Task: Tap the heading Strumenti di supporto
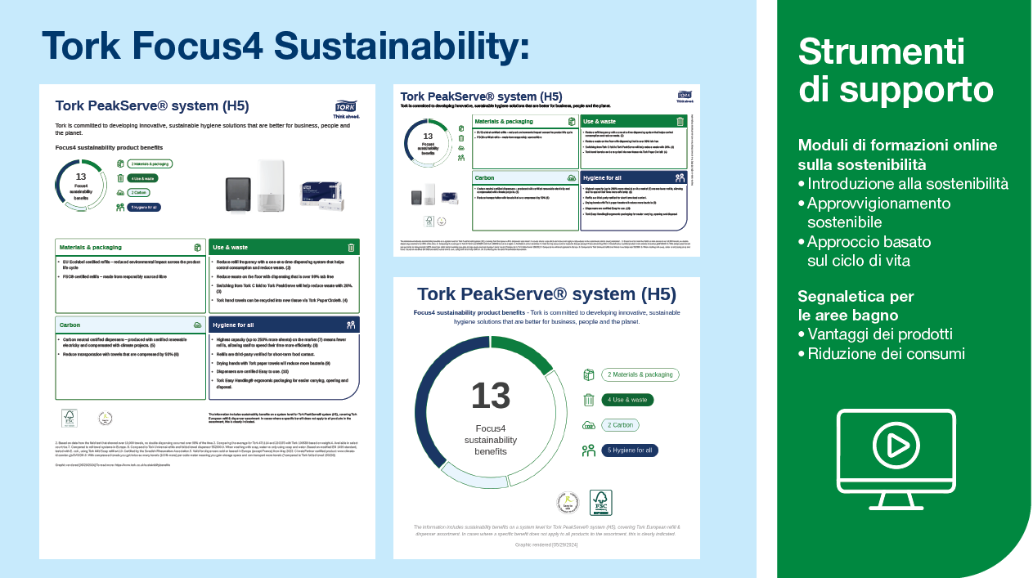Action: pos(896,69)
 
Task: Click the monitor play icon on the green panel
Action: pos(896,459)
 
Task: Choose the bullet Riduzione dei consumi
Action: pos(886,353)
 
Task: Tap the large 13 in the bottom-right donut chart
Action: pos(491,396)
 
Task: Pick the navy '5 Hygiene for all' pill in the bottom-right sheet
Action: pos(630,450)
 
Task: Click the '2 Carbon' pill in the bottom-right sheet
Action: pos(621,425)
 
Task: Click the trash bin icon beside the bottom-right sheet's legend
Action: pos(588,400)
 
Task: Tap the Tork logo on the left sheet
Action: pos(346,107)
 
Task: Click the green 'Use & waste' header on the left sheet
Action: pos(284,247)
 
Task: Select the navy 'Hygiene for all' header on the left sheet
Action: pos(284,325)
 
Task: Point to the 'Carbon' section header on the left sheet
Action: pos(130,325)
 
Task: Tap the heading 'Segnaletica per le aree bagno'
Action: pos(856,305)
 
